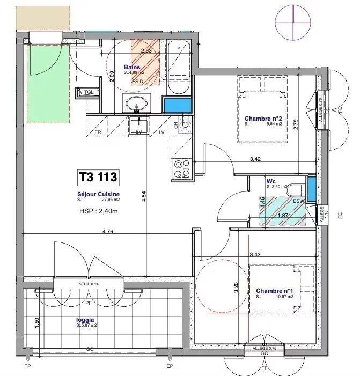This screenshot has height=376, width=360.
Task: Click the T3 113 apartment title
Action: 98,176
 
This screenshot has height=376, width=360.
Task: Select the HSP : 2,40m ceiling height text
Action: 97,211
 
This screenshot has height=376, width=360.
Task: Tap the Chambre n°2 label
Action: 262,119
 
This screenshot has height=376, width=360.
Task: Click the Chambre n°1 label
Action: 273,291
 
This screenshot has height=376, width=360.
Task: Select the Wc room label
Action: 271,182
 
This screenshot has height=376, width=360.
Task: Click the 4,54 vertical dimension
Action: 144,197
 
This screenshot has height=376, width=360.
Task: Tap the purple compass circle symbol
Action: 293,20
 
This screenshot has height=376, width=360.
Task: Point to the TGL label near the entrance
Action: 88,92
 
